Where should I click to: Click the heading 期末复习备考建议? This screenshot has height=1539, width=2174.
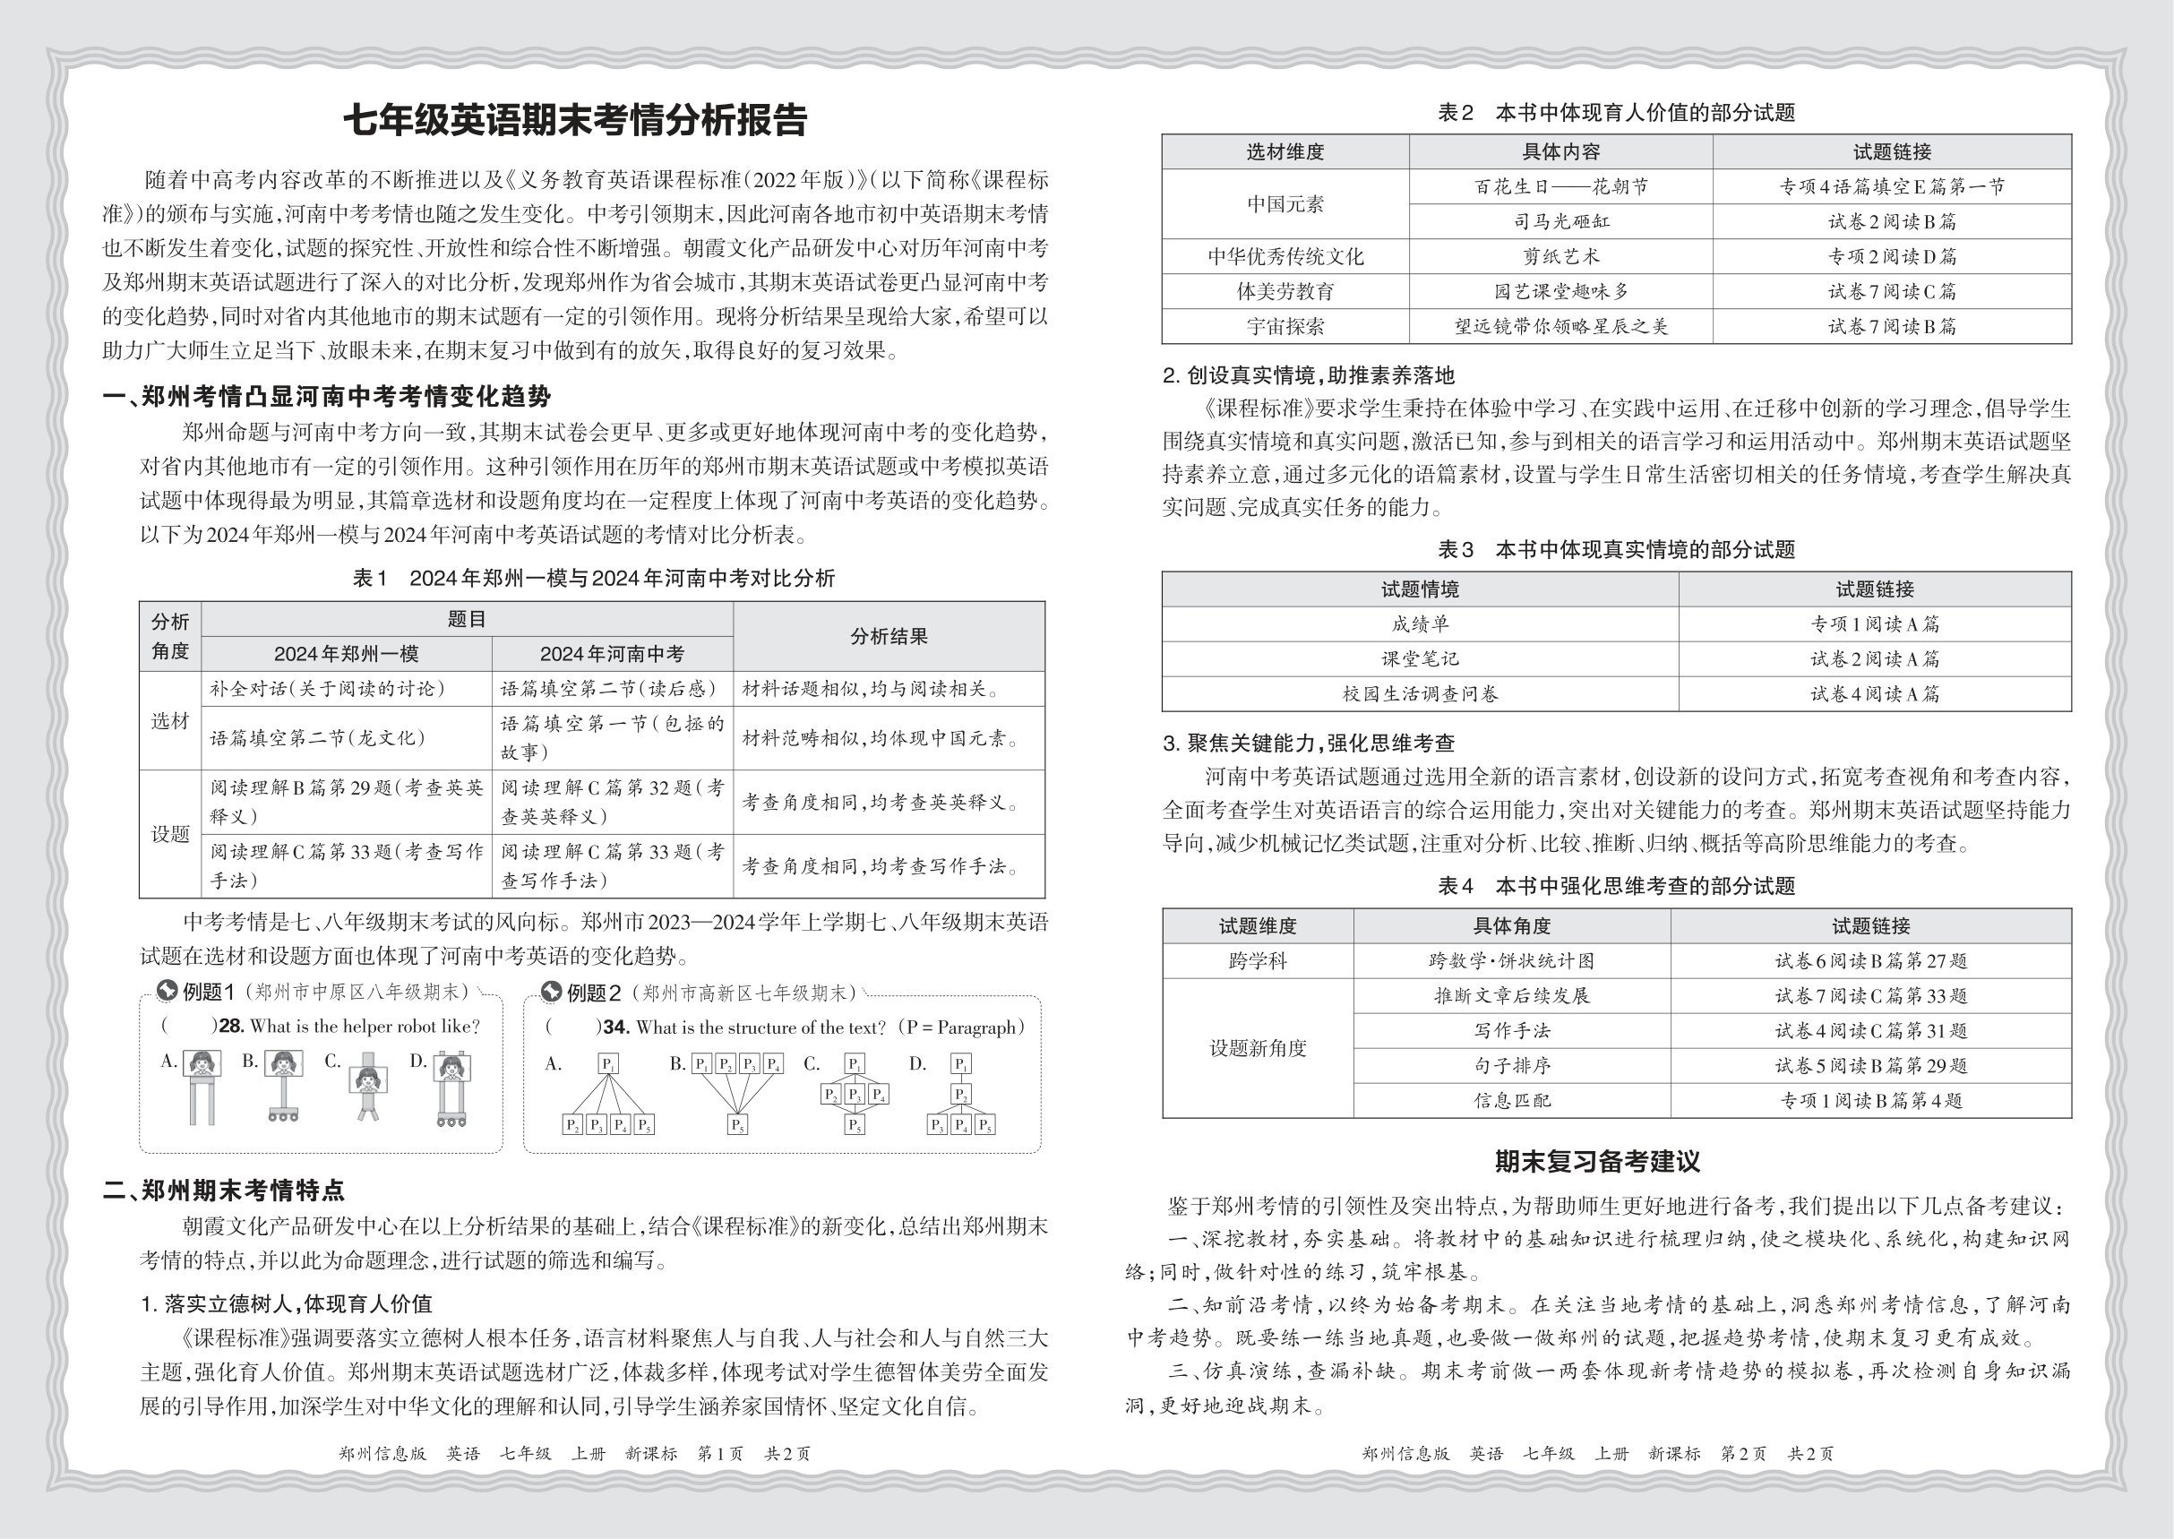point(1597,1161)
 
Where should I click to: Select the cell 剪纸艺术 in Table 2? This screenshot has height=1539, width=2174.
point(1560,257)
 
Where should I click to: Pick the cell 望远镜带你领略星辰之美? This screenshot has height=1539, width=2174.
point(1560,327)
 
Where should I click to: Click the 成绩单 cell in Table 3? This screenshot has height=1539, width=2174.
point(1420,624)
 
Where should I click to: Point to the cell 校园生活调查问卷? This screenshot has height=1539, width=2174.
point(1420,694)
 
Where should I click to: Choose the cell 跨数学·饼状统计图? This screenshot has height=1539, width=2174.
point(1511,961)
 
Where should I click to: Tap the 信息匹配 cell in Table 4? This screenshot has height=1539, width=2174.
point(1511,1101)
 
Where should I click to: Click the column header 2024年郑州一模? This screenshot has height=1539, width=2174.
point(346,654)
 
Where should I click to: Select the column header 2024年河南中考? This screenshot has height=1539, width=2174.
point(612,654)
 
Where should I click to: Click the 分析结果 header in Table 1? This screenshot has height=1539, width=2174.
point(888,637)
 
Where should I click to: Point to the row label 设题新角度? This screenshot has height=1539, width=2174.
point(1258,1048)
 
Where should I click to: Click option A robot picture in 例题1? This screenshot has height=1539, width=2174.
point(201,1086)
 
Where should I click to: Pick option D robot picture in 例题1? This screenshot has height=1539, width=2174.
point(451,1087)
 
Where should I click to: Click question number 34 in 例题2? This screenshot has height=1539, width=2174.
point(616,1027)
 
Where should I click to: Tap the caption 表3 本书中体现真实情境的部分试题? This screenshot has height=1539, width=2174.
point(1616,550)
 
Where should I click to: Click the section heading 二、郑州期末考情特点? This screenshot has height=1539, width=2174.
point(224,1191)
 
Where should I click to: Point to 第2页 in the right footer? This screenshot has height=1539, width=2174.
point(1743,1454)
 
